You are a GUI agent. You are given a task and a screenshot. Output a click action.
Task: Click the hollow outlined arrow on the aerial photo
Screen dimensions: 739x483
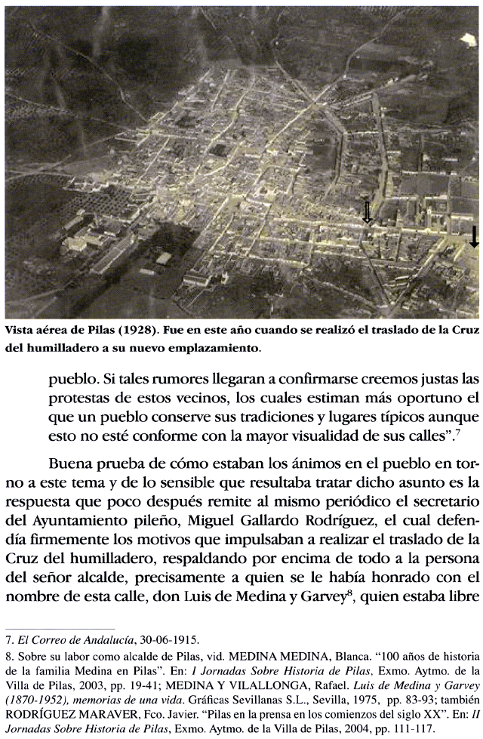368,212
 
